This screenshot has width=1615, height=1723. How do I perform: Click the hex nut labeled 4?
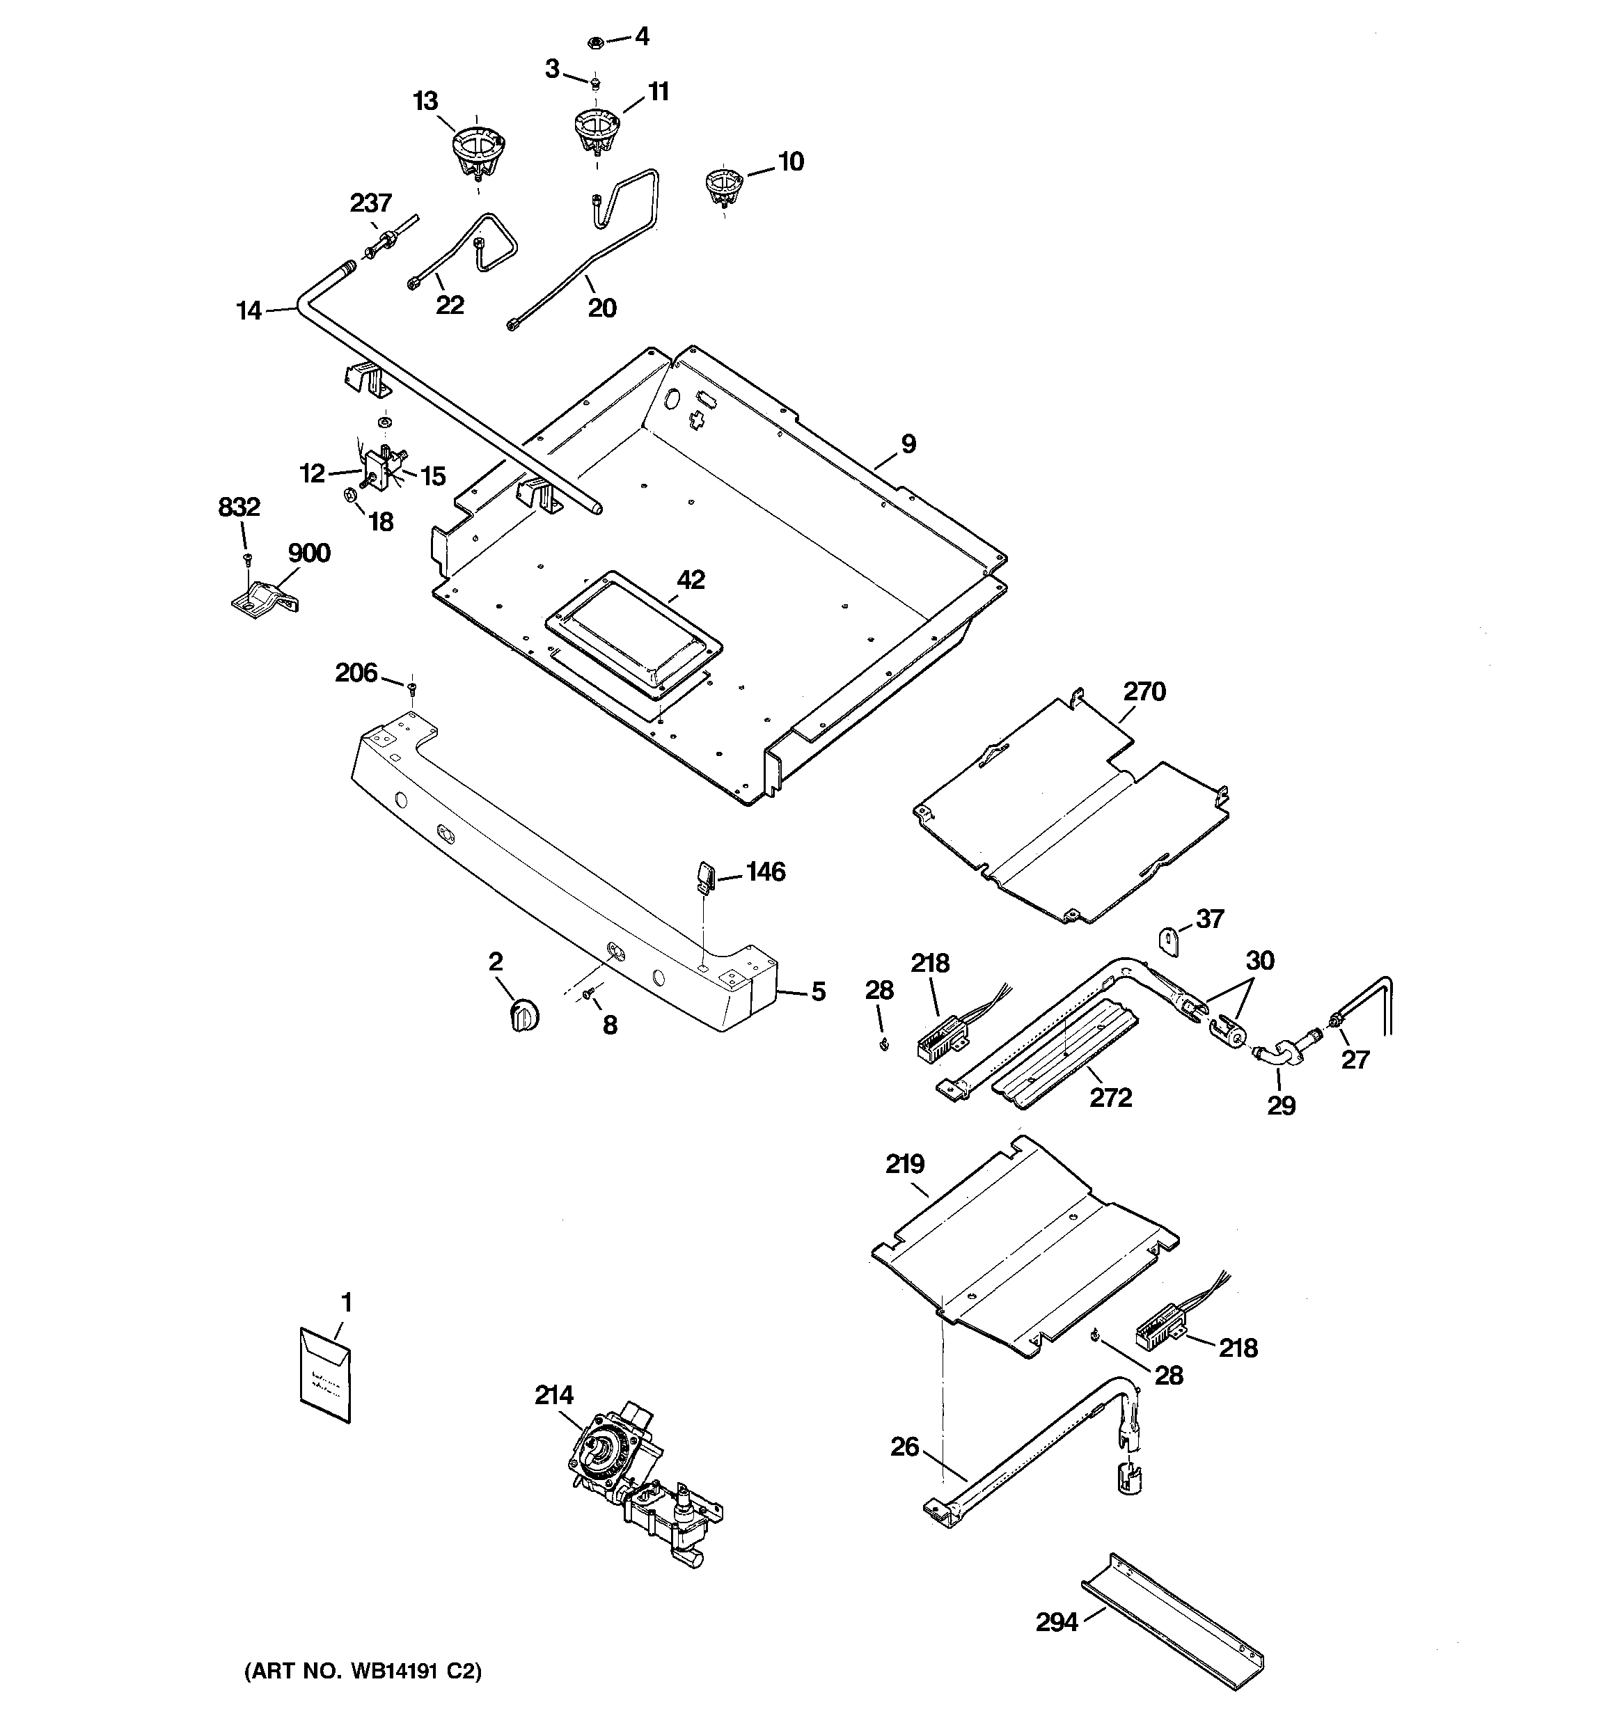(596, 41)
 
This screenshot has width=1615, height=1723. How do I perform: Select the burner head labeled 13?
(478, 150)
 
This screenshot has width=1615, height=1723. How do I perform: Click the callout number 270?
(1144, 691)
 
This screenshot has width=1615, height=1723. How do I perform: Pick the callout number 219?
(904, 1164)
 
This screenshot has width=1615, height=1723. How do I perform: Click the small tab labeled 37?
(1171, 941)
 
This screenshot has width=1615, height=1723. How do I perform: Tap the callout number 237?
(370, 203)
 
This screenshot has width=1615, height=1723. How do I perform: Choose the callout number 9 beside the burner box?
(908, 443)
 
